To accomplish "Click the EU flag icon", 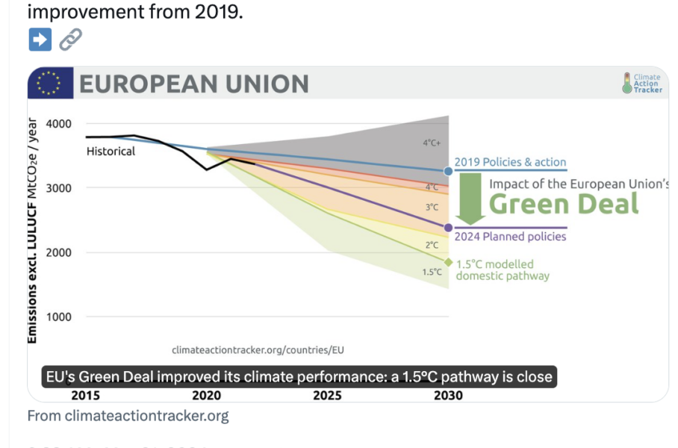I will coord(50,83).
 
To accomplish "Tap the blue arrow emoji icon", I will coord(40,39).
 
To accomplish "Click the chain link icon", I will coord(70,39).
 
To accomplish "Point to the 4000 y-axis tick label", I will coord(58,123).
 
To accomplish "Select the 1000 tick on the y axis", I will coord(58,317).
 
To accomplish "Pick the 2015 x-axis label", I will coord(86,395).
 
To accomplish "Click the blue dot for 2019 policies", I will coord(449,171).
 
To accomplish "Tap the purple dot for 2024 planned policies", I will coord(449,228).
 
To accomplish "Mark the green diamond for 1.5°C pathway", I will coord(449,262).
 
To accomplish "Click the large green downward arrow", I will coord(470,198).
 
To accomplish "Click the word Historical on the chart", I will coord(111,152).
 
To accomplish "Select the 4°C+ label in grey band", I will coord(431,142).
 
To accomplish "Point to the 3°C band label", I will coord(432,207).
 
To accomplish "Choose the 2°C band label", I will coord(432,244).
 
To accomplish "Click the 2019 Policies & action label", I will coord(511,162).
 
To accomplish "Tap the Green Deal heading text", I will coord(564,204).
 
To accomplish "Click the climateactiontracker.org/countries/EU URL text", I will coord(258,349).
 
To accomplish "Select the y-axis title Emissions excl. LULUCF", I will coord(33,231).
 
